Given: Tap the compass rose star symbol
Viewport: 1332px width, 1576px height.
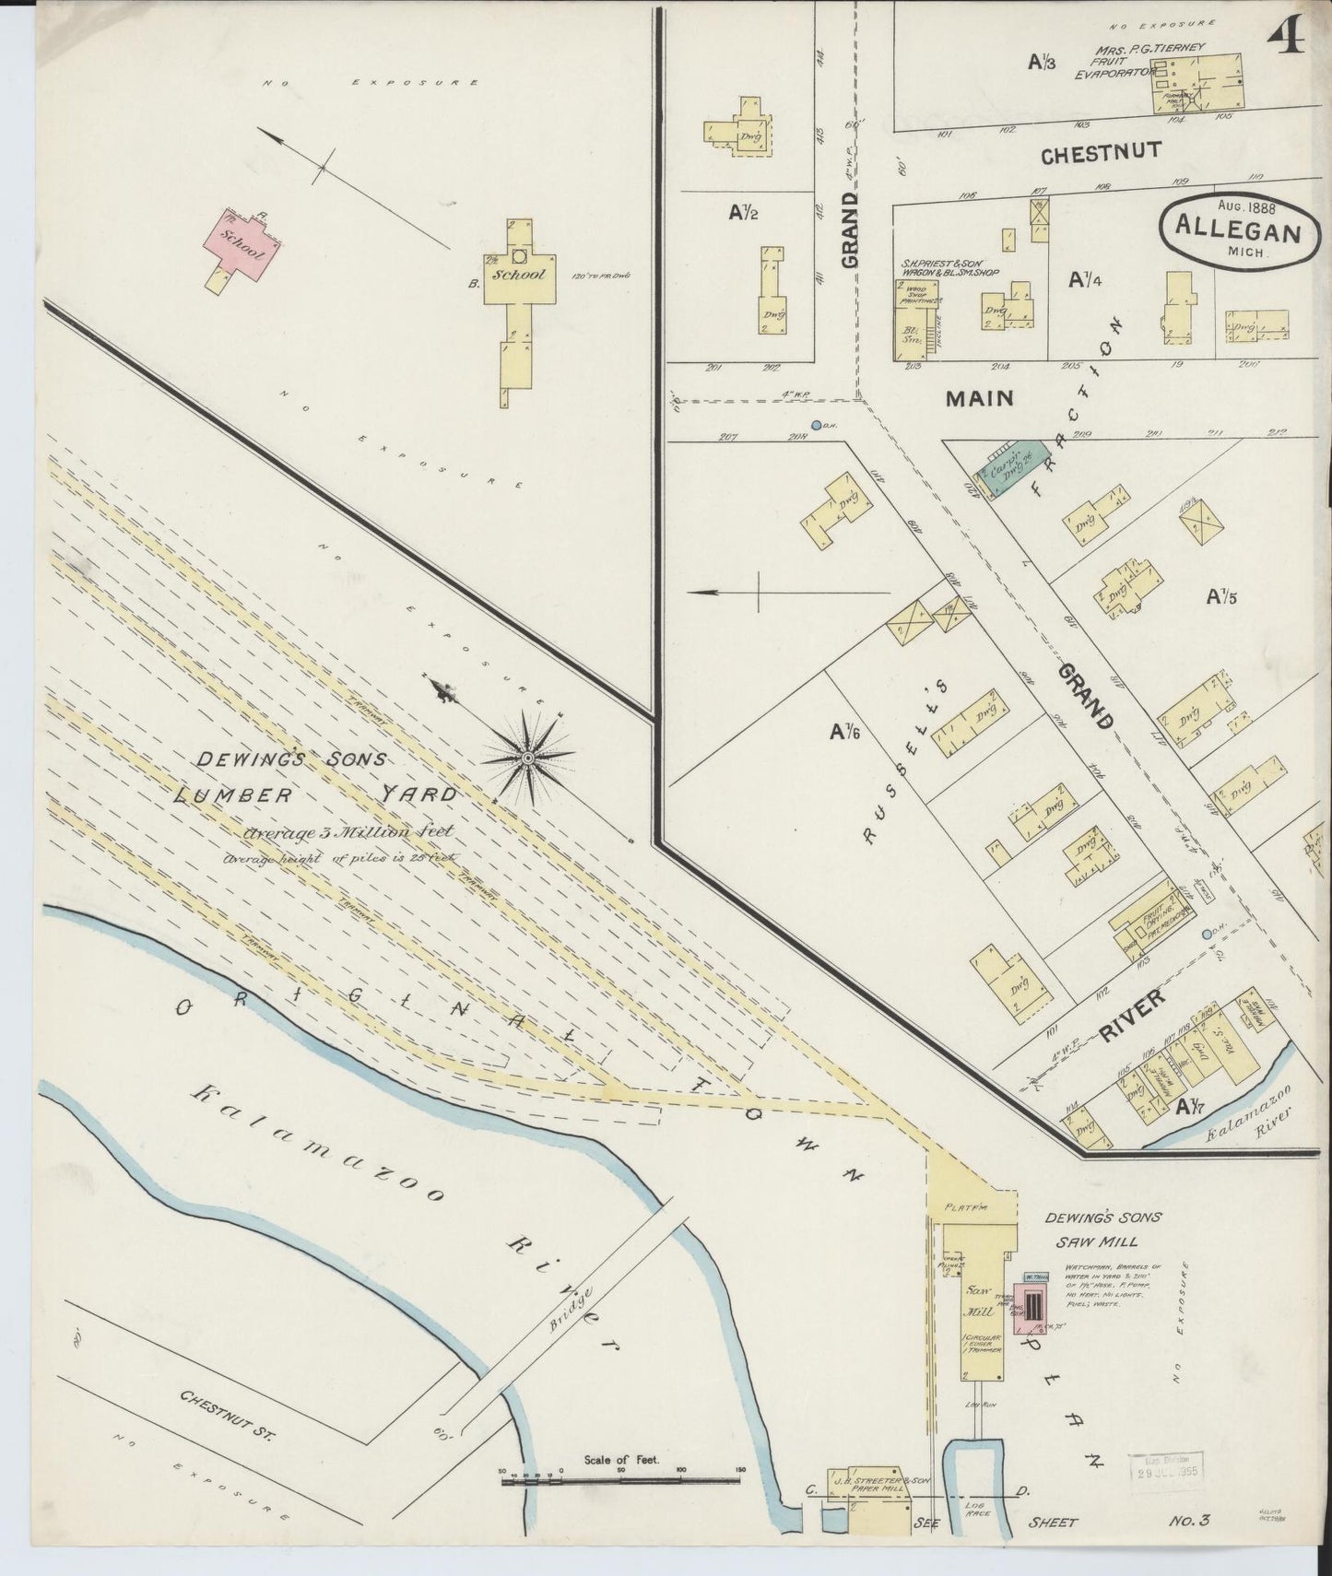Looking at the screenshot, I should point(528,758).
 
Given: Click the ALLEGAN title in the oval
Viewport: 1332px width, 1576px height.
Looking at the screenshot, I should point(1232,231).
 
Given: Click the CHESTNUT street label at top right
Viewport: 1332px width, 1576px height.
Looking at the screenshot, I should point(1101,153).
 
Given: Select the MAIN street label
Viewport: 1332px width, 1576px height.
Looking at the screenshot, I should point(980,398).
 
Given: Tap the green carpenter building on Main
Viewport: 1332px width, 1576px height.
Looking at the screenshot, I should point(1010,468).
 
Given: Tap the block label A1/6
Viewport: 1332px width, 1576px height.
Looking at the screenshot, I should point(844,732).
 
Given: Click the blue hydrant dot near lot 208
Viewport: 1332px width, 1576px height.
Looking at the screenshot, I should point(817,425).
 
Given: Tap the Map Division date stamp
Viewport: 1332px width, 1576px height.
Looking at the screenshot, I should point(1166,1467).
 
